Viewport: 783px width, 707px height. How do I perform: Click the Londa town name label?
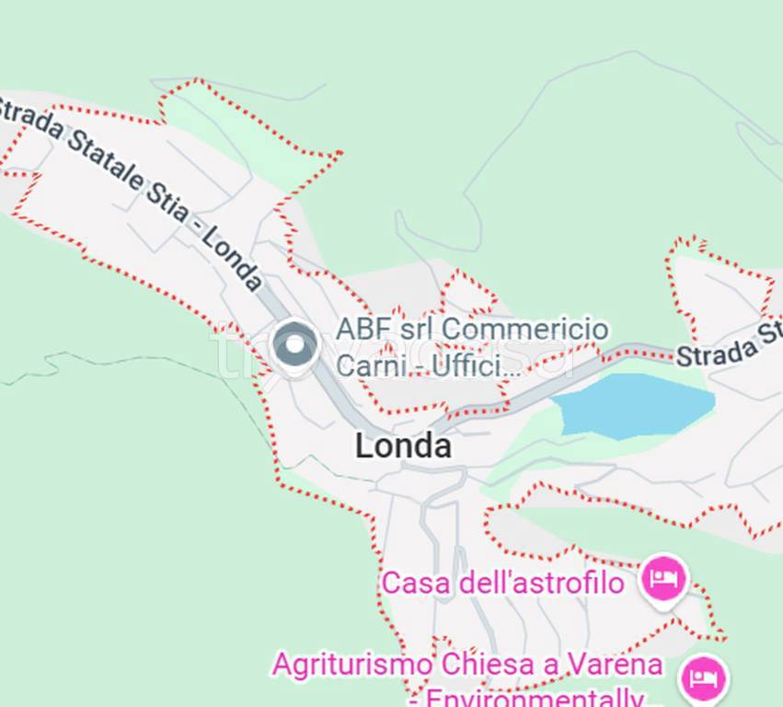(x=403, y=446)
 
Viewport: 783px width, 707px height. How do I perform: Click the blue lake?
(x=635, y=403)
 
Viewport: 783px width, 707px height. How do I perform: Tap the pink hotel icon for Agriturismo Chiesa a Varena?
(x=702, y=678)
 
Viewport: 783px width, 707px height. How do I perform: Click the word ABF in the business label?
(x=356, y=329)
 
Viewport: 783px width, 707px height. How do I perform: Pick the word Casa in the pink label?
(x=408, y=583)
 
